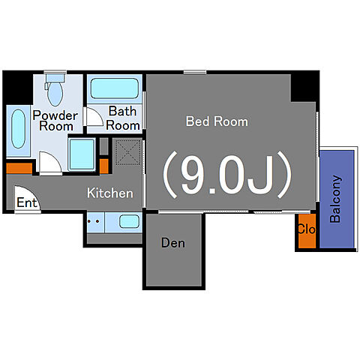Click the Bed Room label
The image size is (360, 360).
click(217, 121)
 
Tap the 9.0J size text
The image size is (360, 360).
click(227, 175)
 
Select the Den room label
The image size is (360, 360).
click(173, 243)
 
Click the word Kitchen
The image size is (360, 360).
click(110, 193)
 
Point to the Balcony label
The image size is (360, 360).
click(335, 199)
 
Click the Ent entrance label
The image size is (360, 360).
click(27, 202)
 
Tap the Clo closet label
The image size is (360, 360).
click(307, 229)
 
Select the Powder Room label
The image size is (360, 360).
click(55, 121)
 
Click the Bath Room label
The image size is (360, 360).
click(122, 118)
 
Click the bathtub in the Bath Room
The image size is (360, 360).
click(115, 88)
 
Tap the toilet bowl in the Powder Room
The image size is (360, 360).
click(55, 93)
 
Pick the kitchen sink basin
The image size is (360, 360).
click(129, 221)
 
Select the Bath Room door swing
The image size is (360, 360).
click(94, 116)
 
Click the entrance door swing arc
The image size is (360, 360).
click(27, 196)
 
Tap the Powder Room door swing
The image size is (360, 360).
click(50, 162)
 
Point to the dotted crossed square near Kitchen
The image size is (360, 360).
click(128, 152)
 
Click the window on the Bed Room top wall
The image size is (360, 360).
click(195, 72)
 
